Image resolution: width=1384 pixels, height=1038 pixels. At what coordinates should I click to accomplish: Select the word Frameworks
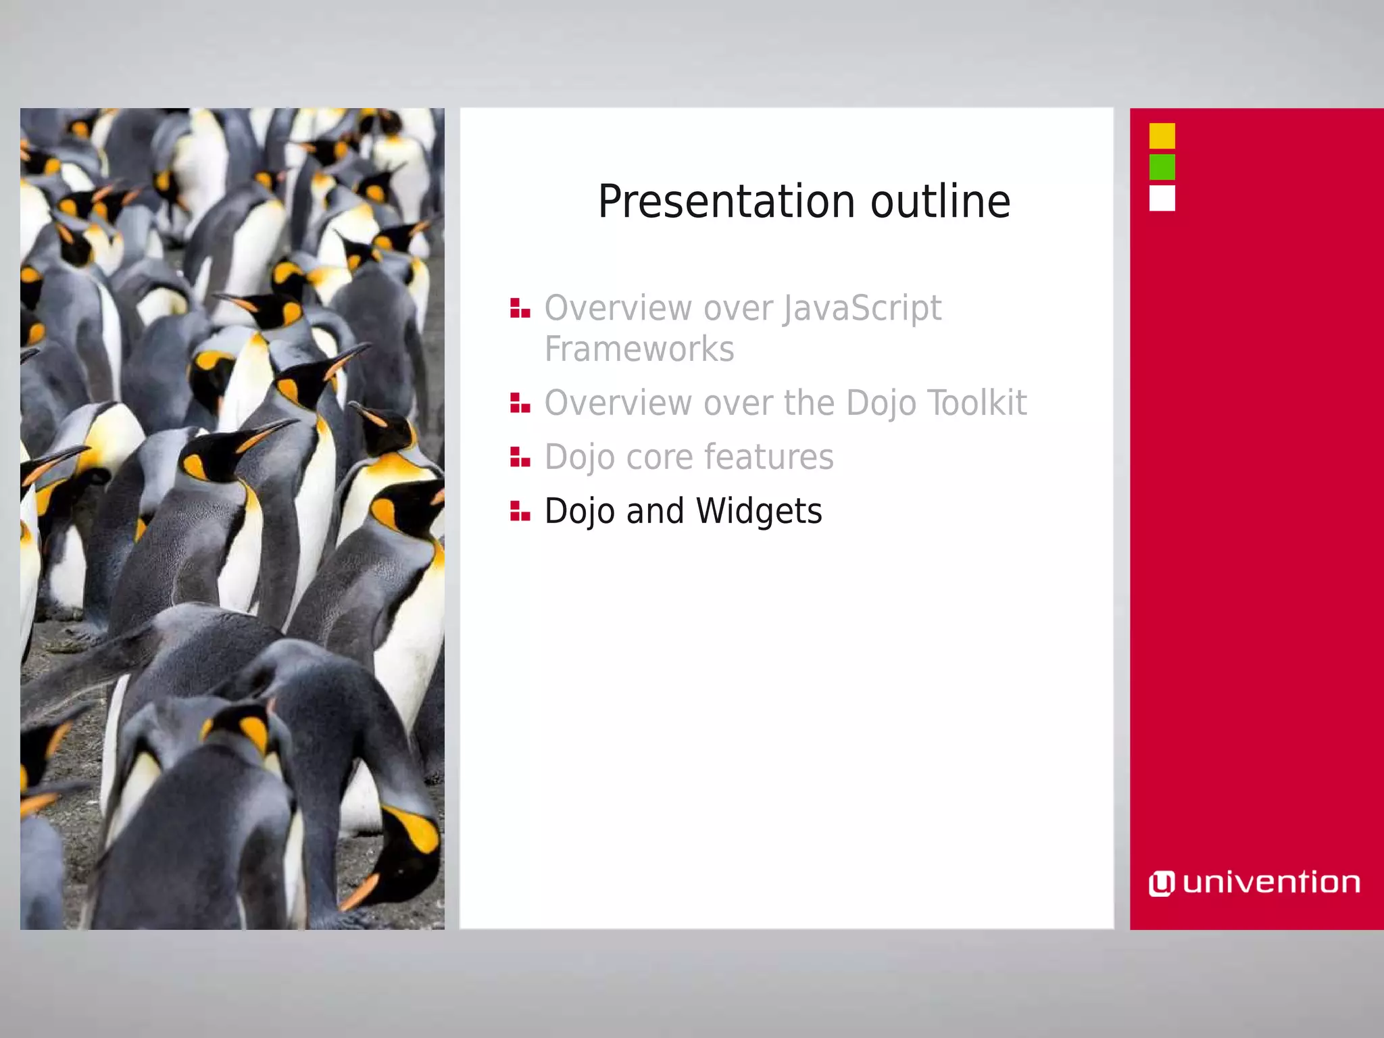[x=639, y=349]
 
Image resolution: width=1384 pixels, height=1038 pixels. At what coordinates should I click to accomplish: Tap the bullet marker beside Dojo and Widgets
[x=520, y=512]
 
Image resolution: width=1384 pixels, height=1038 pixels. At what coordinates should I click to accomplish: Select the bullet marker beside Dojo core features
[x=520, y=458]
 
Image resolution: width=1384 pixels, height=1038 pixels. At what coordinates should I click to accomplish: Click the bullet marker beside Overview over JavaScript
[x=520, y=309]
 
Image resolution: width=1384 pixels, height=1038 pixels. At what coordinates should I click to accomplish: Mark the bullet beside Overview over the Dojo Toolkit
[x=520, y=403]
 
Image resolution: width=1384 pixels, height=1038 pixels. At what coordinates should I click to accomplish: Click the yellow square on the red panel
[x=1162, y=136]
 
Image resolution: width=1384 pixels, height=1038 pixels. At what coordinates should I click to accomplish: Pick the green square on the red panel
[x=1162, y=167]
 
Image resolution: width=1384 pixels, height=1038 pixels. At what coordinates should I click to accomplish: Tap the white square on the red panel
[x=1162, y=199]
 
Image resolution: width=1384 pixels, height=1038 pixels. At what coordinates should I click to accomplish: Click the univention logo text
[x=1271, y=883]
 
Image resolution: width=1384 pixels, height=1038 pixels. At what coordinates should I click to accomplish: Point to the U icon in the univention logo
[x=1162, y=884]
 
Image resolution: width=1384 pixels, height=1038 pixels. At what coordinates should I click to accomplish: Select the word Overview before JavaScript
[x=618, y=309]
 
